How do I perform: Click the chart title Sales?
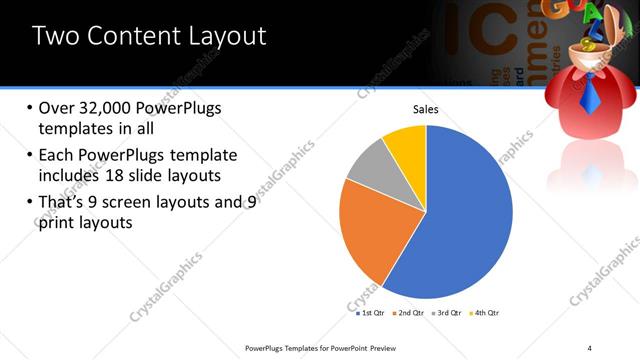426,110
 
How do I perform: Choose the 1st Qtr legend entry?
372,313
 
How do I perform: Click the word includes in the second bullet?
70,177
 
